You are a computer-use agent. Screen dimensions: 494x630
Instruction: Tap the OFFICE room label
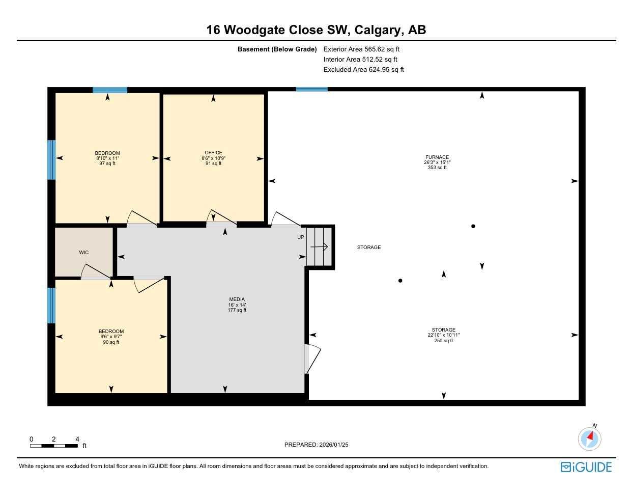tap(213, 153)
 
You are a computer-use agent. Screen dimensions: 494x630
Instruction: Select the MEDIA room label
tap(237, 299)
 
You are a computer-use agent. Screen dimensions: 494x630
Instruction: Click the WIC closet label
tap(84, 253)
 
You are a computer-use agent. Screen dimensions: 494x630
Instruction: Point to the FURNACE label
tap(437, 157)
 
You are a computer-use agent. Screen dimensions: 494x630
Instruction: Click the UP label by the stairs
tap(301, 237)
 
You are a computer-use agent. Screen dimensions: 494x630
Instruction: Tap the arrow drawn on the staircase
tap(319, 247)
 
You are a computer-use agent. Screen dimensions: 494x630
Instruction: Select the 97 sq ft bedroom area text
tap(107, 163)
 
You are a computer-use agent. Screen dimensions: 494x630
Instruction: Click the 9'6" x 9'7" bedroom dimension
tap(111, 337)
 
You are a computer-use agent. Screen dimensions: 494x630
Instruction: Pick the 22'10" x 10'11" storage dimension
tap(443, 335)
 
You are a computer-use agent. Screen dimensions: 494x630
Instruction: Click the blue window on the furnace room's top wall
tap(312, 90)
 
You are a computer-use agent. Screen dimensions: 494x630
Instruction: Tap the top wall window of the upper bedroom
tap(110, 90)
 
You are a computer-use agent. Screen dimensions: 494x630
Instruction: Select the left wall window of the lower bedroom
tap(51, 305)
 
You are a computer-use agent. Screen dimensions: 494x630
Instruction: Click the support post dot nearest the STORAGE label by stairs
tap(400, 281)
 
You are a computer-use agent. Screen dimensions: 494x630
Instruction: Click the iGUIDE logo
tap(586, 467)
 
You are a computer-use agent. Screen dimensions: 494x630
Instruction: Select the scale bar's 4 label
tap(77, 439)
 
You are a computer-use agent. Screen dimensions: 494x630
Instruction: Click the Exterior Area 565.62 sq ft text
tap(361, 49)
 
